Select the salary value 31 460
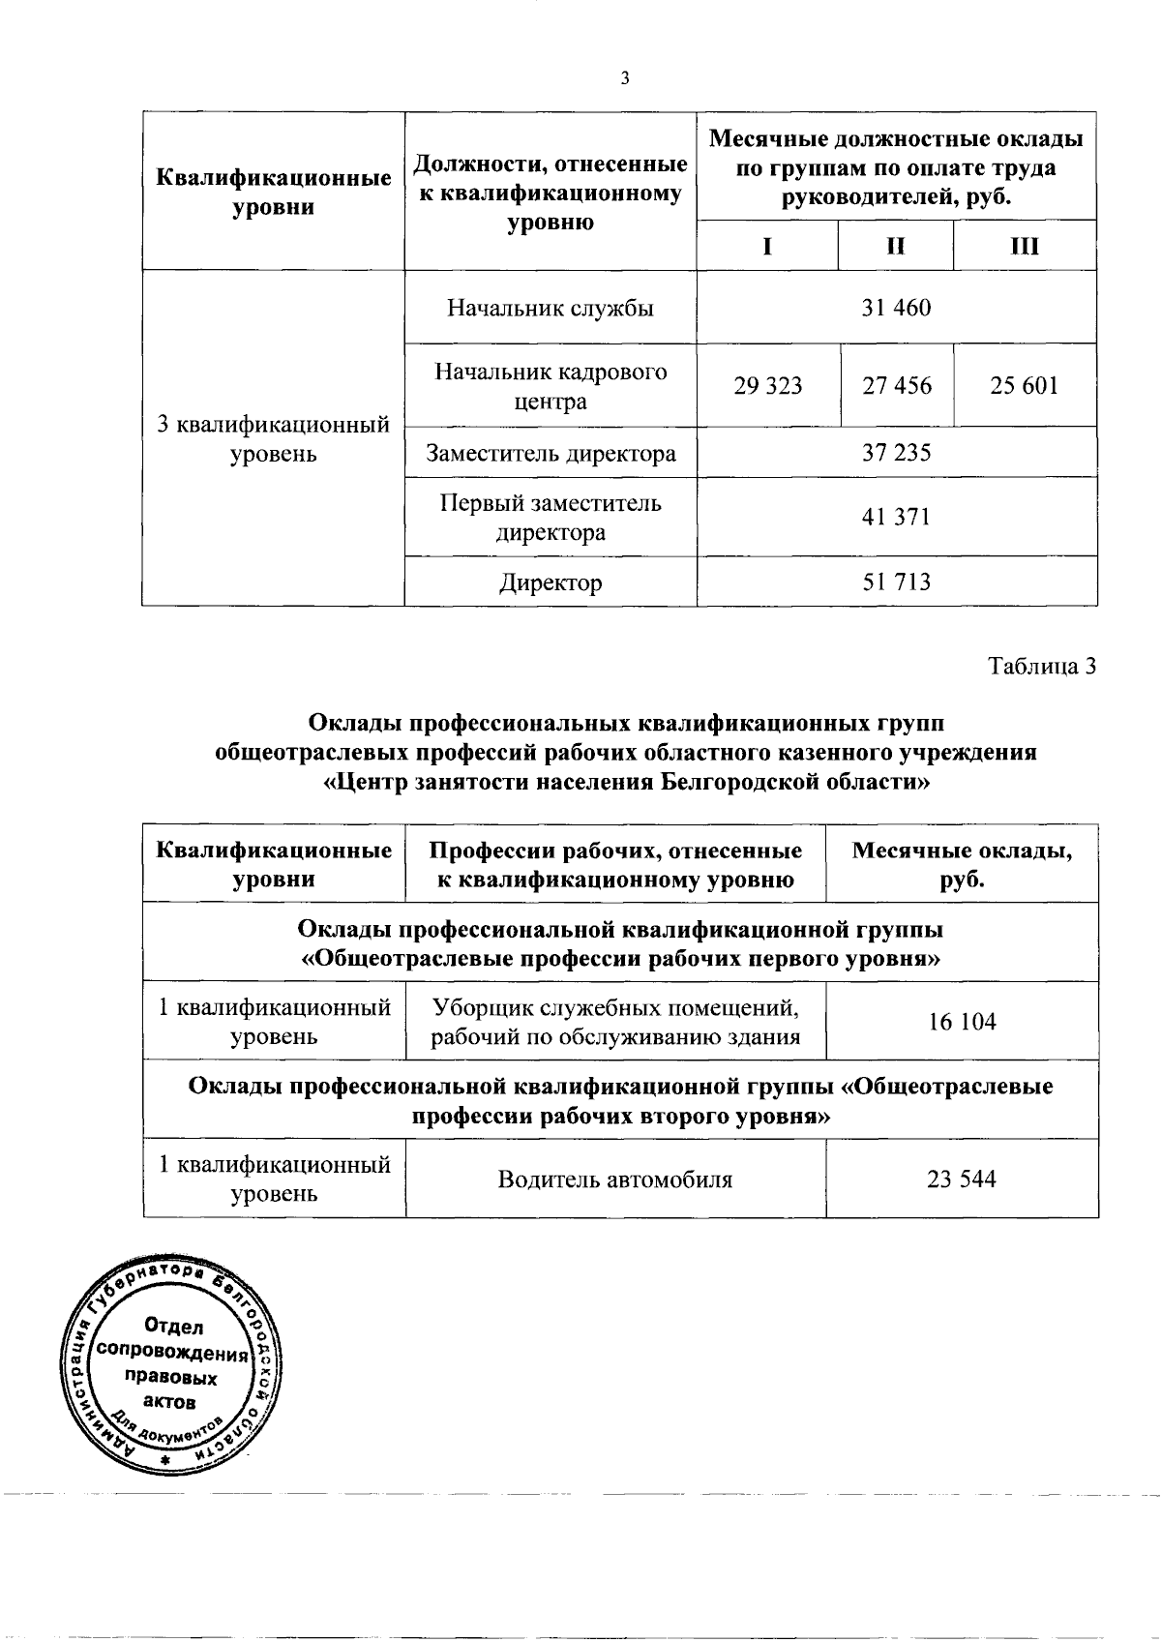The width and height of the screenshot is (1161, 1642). [x=896, y=308]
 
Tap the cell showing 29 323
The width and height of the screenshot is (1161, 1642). [x=767, y=386]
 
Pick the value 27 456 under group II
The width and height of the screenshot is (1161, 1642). [x=897, y=386]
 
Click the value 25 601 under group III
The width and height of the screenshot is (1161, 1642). [x=1024, y=386]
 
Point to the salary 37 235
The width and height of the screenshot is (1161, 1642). [x=896, y=453]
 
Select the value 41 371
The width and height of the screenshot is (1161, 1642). [x=896, y=517]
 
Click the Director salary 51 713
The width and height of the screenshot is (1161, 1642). [x=896, y=582]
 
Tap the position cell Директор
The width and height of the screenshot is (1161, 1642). [x=551, y=582]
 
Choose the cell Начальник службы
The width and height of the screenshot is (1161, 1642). [x=551, y=308]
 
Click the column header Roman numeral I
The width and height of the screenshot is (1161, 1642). [x=767, y=246]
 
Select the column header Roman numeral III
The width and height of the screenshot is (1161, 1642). [x=1024, y=246]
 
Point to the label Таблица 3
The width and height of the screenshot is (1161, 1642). [x=1042, y=667]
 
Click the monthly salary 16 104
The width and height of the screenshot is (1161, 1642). [x=962, y=1022]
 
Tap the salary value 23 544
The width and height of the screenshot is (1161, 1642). [x=962, y=1179]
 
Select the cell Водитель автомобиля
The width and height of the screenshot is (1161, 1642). [x=614, y=1179]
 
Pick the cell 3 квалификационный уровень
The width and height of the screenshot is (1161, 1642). [x=274, y=439]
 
